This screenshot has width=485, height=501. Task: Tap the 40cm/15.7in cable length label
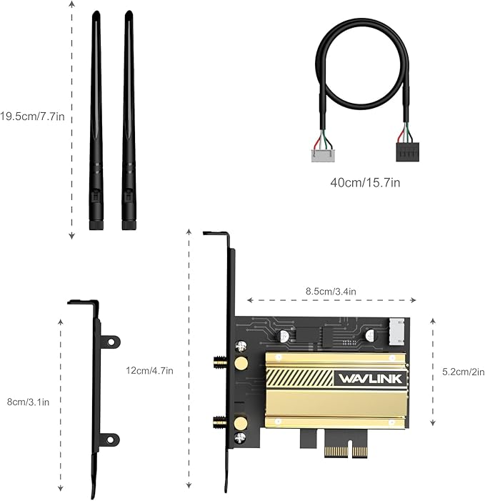(365, 182)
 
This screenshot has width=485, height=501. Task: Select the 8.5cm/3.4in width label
(331, 291)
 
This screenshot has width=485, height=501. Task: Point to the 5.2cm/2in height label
(463, 372)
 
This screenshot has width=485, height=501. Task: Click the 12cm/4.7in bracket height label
(149, 370)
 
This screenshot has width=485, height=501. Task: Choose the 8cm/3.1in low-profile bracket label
(28, 402)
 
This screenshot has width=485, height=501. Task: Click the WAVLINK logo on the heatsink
(370, 378)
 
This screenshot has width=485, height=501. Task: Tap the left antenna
(96, 121)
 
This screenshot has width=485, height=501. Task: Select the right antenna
(129, 121)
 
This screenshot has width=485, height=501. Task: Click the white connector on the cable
(323, 152)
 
